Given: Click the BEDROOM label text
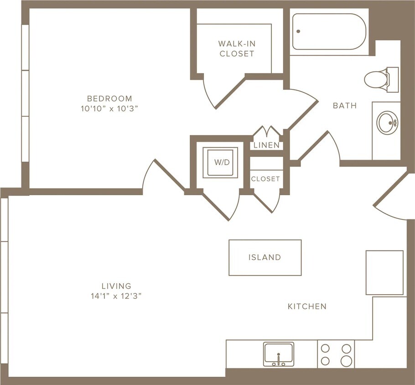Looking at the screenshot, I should (x=109, y=99).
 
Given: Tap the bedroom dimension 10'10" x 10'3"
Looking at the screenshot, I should (x=109, y=109).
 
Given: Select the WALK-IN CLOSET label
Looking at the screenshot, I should (x=236, y=48).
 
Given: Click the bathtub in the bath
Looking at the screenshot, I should (x=329, y=31).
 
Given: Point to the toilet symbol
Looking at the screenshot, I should (x=379, y=79).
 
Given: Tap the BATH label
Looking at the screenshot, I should (x=345, y=106).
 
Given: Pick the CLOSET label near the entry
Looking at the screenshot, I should (x=265, y=179).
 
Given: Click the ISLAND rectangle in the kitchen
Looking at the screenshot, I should (x=265, y=257).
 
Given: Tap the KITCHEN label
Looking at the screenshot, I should (x=307, y=307).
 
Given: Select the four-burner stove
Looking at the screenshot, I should (x=336, y=354).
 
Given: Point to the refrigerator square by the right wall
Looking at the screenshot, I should (x=384, y=272).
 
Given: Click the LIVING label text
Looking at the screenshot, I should (x=116, y=286).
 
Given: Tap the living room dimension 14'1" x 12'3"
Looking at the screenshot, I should (x=116, y=296).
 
